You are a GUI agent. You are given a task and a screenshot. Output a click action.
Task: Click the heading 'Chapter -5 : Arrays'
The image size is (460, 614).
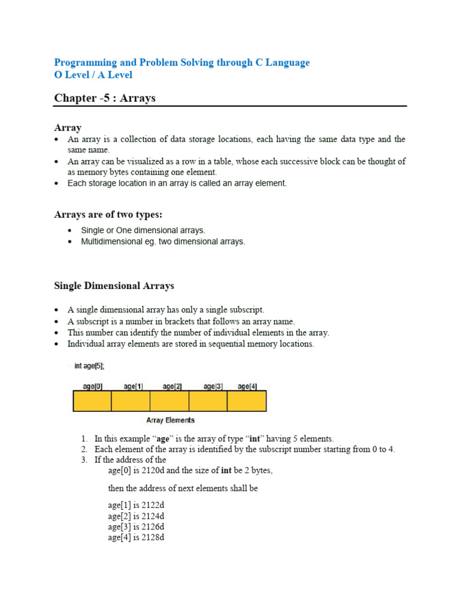coord(105,98)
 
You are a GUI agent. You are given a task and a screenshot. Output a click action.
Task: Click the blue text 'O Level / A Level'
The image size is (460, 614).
coord(93,75)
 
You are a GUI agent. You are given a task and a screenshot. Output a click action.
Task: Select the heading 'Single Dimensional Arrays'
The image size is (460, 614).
coord(114,285)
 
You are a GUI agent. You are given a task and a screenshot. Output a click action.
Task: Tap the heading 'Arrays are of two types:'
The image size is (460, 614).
coord(108,214)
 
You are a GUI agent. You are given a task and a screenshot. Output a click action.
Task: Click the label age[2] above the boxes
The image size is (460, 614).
coord(170,387)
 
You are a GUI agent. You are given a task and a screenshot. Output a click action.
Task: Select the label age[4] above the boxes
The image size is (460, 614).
coord(247,387)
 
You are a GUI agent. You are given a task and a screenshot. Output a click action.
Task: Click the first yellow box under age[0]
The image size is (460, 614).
coord(92,401)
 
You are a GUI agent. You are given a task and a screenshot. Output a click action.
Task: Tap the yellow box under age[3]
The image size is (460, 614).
coord(208,401)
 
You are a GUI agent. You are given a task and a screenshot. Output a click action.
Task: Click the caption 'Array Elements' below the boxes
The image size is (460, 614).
coord(170,420)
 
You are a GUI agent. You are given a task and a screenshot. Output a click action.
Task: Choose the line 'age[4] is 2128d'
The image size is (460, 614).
coord(136,537)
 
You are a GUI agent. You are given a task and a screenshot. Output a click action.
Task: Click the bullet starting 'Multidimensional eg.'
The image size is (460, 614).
coord(163,242)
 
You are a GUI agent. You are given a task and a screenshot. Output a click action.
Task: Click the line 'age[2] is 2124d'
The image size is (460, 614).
coord(136,516)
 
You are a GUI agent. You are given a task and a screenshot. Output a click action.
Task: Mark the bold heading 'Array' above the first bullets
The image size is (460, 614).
coord(68,127)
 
